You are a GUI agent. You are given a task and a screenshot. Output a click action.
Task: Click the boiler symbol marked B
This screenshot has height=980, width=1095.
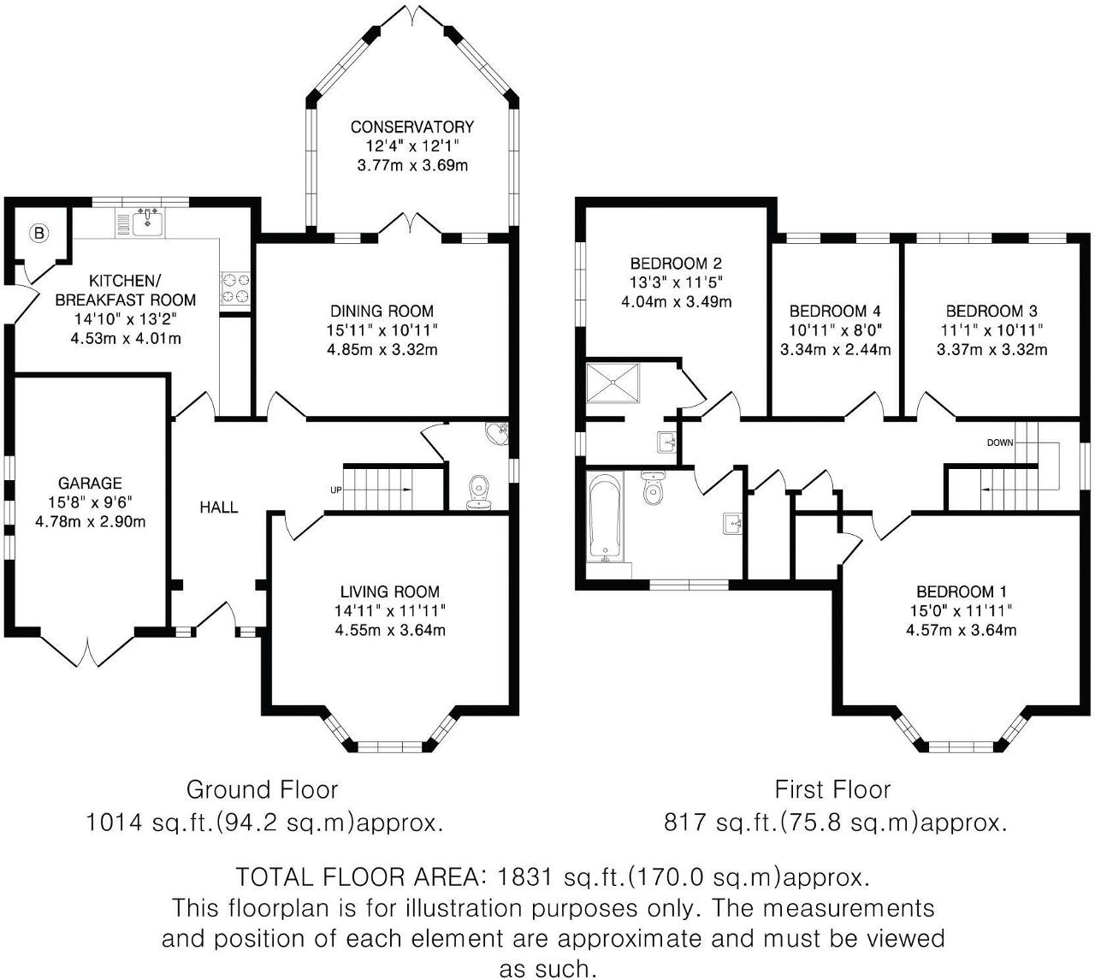tap(38, 232)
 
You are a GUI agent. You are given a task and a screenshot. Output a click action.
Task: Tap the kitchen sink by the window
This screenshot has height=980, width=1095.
tap(147, 223)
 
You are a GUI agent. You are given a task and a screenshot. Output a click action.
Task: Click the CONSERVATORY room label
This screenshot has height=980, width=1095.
tap(411, 128)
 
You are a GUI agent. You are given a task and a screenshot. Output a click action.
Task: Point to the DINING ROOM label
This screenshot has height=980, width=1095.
tap(383, 312)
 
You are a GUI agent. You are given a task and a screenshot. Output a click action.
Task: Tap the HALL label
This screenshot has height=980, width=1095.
tap(219, 508)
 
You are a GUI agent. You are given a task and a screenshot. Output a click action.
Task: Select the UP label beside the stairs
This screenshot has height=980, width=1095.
tap(335, 490)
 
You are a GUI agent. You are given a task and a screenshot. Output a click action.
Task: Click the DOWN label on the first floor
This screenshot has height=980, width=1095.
tap(1000, 442)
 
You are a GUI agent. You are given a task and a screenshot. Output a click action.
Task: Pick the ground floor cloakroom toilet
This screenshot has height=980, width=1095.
tap(480, 492)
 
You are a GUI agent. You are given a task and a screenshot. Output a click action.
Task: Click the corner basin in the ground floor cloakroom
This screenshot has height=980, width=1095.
tap(497, 433)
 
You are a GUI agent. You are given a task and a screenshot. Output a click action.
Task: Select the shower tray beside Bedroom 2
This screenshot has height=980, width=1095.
tap(612, 382)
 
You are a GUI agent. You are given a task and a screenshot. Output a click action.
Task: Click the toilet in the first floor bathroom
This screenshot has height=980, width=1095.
tap(654, 487)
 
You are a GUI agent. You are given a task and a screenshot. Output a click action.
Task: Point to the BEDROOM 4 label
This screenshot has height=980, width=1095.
tap(835, 312)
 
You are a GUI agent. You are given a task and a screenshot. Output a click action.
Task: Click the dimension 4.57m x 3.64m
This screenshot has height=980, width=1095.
tap(962, 631)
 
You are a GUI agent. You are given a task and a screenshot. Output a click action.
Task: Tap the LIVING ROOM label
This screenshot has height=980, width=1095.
tap(390, 591)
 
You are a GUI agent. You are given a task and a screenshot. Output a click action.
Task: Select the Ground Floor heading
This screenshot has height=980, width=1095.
tap(262, 789)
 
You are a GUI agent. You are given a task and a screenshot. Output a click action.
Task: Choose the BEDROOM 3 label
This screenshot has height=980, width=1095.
tap(991, 312)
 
